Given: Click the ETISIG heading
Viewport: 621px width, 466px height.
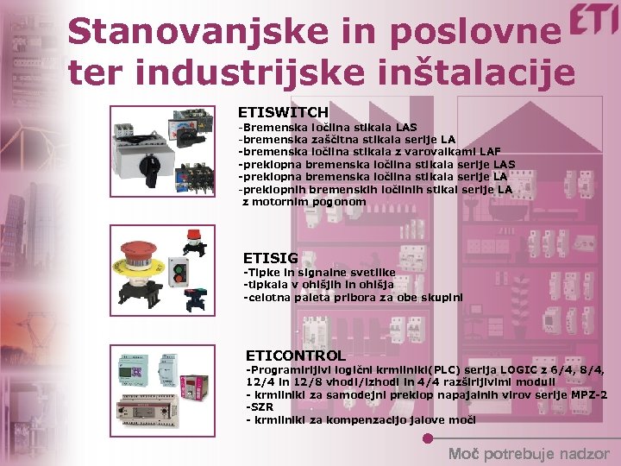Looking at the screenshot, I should click(270, 258).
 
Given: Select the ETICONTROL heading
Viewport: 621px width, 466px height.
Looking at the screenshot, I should click(295, 356).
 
